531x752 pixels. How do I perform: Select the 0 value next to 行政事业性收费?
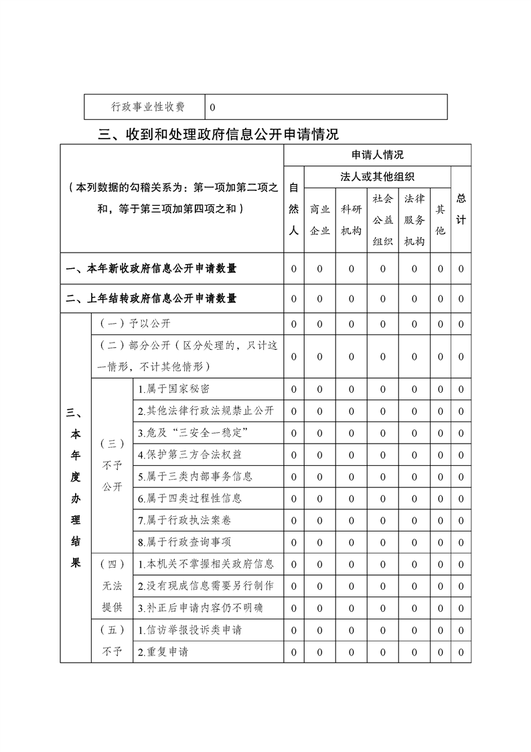pyautogui.click(x=212, y=107)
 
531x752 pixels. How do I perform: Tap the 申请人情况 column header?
pyautogui.click(x=378, y=155)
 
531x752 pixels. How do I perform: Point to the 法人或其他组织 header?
pyautogui.click(x=378, y=177)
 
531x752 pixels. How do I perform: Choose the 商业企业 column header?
pyautogui.click(x=319, y=219)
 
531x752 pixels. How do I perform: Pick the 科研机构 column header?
pyautogui.click(x=352, y=219)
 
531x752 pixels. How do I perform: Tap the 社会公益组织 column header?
pyautogui.click(x=383, y=219)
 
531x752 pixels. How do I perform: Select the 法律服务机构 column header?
pyautogui.click(x=414, y=219)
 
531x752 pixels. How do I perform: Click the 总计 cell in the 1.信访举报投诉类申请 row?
pyautogui.click(x=461, y=630)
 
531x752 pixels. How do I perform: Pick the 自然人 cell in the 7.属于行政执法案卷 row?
pyautogui.click(x=294, y=520)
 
